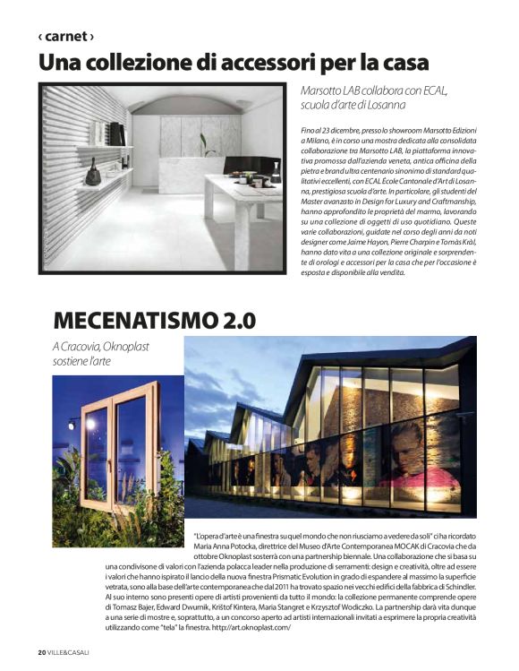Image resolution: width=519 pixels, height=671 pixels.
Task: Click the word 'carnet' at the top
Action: pyautogui.click(x=66, y=37)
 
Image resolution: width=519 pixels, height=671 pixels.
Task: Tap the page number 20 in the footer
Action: pyautogui.click(x=41, y=652)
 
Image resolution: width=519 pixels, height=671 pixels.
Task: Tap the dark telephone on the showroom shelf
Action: pyautogui.click(x=92, y=175)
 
